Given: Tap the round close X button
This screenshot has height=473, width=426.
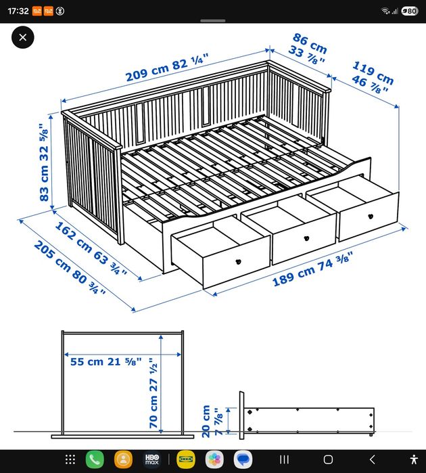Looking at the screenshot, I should (23, 38).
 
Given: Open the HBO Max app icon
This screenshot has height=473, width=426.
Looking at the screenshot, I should (152, 459).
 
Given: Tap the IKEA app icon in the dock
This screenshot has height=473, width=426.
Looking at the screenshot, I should (185, 459).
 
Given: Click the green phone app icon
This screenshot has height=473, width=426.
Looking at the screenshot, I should (95, 459).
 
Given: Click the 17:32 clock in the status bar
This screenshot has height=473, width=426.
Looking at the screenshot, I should (20, 11).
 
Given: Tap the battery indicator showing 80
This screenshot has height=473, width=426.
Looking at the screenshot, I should (409, 11).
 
